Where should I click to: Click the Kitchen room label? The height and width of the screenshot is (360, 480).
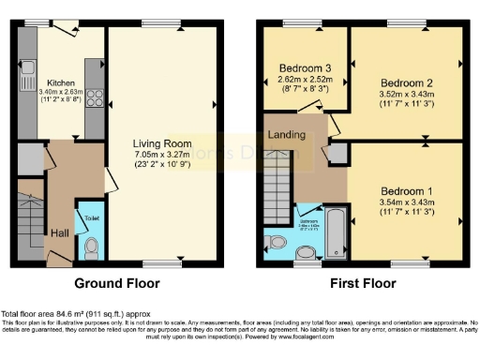[61, 82]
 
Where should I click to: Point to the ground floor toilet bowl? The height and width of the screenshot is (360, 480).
[91, 247]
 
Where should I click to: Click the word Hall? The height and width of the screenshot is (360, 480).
[59, 233]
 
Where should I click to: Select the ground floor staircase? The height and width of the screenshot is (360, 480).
[30, 220]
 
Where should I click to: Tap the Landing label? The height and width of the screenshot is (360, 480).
[287, 135]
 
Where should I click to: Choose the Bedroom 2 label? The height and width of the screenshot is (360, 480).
[405, 82]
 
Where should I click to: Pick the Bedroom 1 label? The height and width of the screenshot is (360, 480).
[405, 190]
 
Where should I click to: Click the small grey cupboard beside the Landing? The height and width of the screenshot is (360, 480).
[337, 154]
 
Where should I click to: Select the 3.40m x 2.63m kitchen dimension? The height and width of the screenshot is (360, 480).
[61, 92]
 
